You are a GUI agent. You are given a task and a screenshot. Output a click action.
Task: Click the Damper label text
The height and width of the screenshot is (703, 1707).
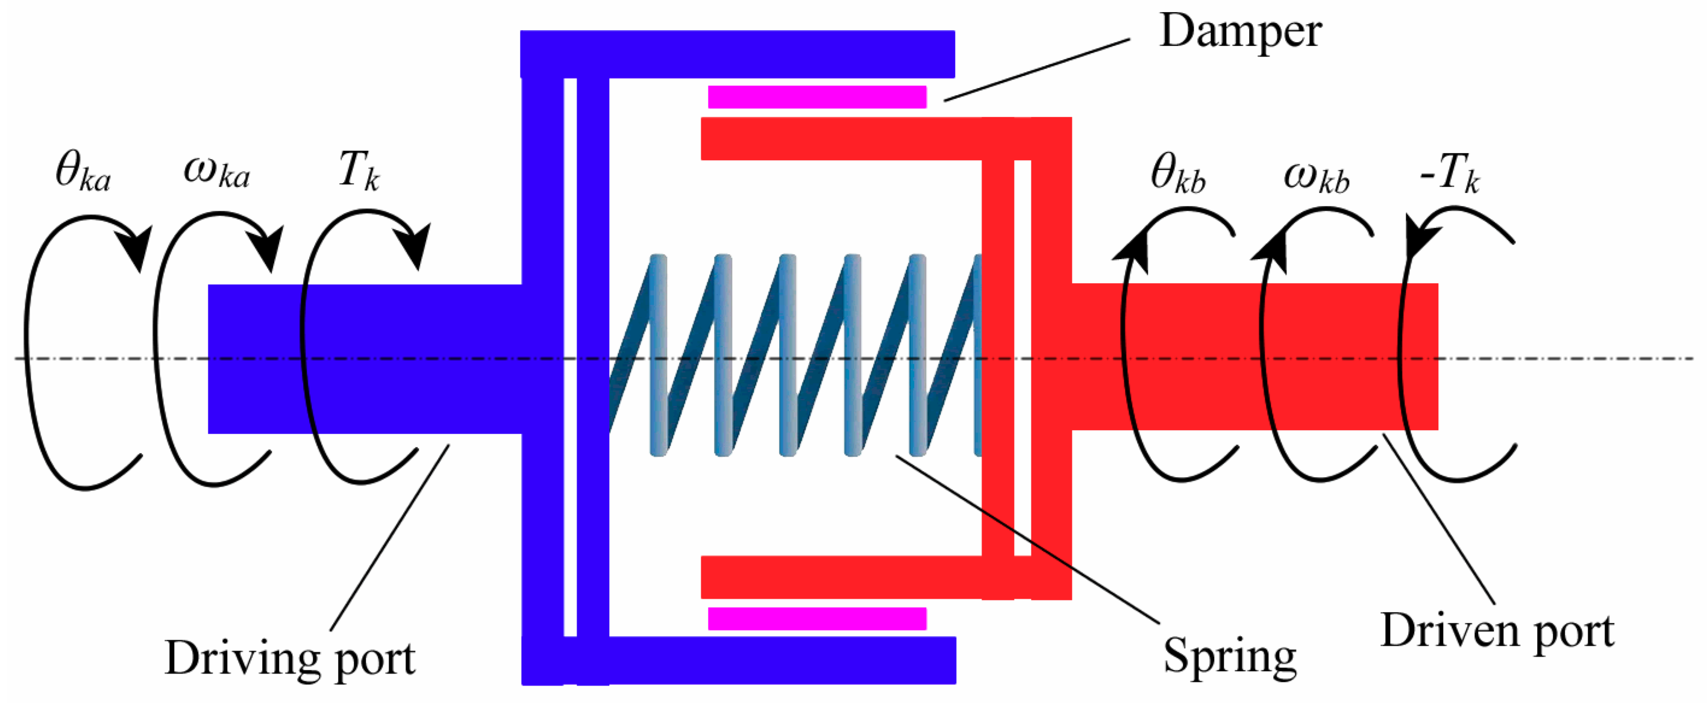coord(1240,31)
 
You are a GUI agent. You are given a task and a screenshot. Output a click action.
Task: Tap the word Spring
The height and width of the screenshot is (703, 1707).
coord(1230,655)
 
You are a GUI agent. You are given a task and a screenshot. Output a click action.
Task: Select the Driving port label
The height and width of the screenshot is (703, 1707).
coord(290,658)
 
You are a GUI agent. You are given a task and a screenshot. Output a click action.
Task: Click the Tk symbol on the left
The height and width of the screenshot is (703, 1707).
coord(359,171)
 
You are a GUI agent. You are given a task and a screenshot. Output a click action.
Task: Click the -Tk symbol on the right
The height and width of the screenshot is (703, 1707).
coord(1450,174)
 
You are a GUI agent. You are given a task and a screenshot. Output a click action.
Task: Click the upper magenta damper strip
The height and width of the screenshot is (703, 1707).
coord(816,97)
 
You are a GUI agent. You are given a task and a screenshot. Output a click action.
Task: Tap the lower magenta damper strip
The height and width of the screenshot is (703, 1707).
coord(816,618)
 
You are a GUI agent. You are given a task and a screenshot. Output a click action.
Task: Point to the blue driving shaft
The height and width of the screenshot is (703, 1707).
coord(365,358)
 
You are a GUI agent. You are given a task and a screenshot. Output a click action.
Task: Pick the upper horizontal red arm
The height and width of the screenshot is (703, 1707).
coord(842,139)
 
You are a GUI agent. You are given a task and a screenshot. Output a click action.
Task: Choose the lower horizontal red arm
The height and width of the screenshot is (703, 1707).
coord(842,576)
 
